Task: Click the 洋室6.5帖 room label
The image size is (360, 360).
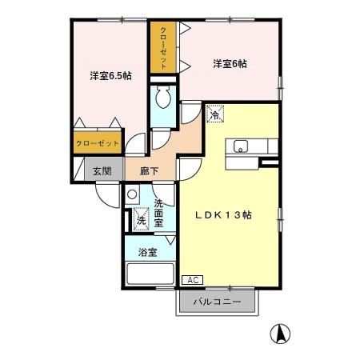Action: (110, 76)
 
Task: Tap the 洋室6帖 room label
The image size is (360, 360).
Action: (230, 64)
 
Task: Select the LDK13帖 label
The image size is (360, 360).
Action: (223, 215)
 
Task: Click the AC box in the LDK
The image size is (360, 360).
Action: (192, 280)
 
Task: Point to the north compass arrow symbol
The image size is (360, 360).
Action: (280, 334)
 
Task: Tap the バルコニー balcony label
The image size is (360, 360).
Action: (217, 302)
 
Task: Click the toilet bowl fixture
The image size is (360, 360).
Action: (163, 97)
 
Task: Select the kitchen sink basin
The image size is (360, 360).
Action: (241, 146)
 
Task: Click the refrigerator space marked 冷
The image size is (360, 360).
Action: (215, 114)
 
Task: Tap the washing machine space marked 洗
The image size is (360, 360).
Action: (141, 219)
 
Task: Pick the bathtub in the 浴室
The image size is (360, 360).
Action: (150, 274)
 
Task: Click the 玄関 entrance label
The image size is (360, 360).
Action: (102, 171)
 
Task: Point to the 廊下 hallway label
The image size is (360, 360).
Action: (150, 171)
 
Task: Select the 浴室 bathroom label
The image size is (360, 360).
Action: (147, 252)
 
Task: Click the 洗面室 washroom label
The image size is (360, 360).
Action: (158, 214)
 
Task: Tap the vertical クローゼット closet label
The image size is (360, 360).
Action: (163, 48)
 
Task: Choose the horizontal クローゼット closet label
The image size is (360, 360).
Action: (98, 143)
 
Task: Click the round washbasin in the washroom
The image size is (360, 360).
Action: (132, 194)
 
